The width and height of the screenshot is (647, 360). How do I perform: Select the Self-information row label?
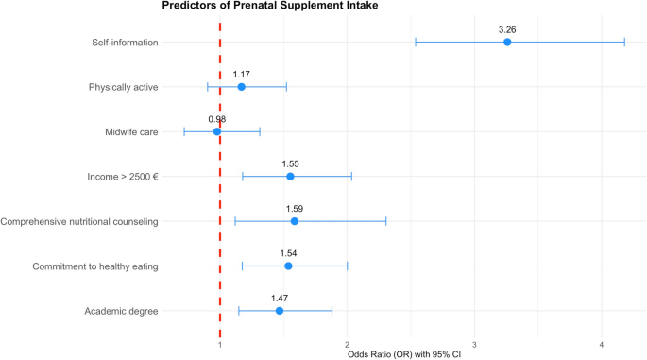(125, 43)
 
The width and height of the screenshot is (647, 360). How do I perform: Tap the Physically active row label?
(124, 87)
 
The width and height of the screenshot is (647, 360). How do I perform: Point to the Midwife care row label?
(131, 132)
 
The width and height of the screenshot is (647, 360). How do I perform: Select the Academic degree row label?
(121, 311)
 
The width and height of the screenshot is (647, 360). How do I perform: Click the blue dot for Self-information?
(507, 43)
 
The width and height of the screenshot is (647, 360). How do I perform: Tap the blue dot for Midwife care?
(217, 132)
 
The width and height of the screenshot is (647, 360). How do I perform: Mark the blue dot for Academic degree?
(280, 311)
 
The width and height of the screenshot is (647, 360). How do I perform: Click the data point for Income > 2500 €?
(290, 177)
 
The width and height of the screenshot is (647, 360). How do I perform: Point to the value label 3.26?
(507, 29)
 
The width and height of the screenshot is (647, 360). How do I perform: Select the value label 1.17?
(242, 74)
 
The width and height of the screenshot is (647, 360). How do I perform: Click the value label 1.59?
(295, 208)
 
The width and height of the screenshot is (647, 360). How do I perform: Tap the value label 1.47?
(280, 298)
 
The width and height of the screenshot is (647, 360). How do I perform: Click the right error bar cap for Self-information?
(624, 43)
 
